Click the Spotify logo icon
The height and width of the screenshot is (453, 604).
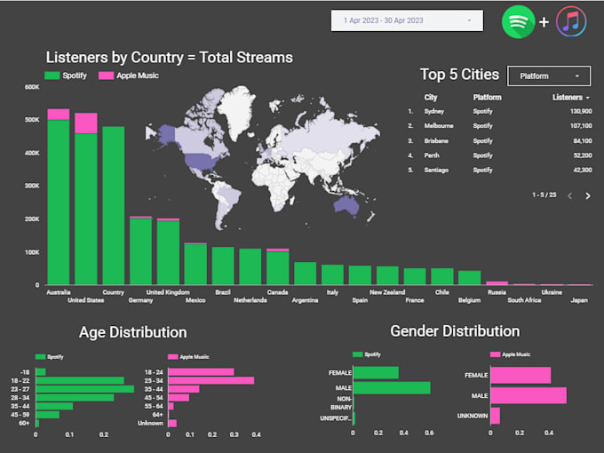point(518,21)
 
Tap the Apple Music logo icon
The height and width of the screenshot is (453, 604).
point(570,21)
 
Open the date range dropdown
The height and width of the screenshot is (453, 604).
point(407,20)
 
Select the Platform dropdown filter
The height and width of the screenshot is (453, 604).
point(549,76)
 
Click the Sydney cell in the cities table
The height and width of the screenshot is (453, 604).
point(434,111)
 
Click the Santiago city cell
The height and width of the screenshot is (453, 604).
point(437,170)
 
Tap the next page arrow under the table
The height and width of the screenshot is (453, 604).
point(587,195)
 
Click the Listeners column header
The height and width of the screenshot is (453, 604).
point(569,97)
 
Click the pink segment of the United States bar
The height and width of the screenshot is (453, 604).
point(86,123)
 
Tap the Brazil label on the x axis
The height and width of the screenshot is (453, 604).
point(223,291)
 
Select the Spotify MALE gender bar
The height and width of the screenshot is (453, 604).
point(392,387)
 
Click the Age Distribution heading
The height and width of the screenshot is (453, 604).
point(133,332)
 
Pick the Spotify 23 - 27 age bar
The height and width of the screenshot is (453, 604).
point(84,388)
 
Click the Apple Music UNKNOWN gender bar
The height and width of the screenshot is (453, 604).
point(495,415)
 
